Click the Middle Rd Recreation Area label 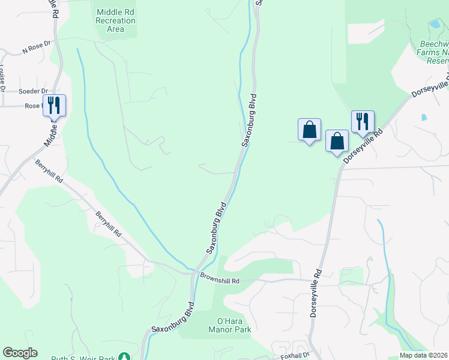coord(115,20)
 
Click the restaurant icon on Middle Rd coord(54,106)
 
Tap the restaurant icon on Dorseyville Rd coord(362,121)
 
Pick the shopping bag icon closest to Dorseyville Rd coord(337,141)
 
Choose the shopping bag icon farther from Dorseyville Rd coord(309,129)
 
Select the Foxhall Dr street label coord(294,355)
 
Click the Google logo coord(20,353)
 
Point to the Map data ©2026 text coord(424,355)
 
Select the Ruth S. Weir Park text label coord(83,358)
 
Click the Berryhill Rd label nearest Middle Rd coord(49,171)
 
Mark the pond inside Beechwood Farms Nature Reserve coord(434,25)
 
